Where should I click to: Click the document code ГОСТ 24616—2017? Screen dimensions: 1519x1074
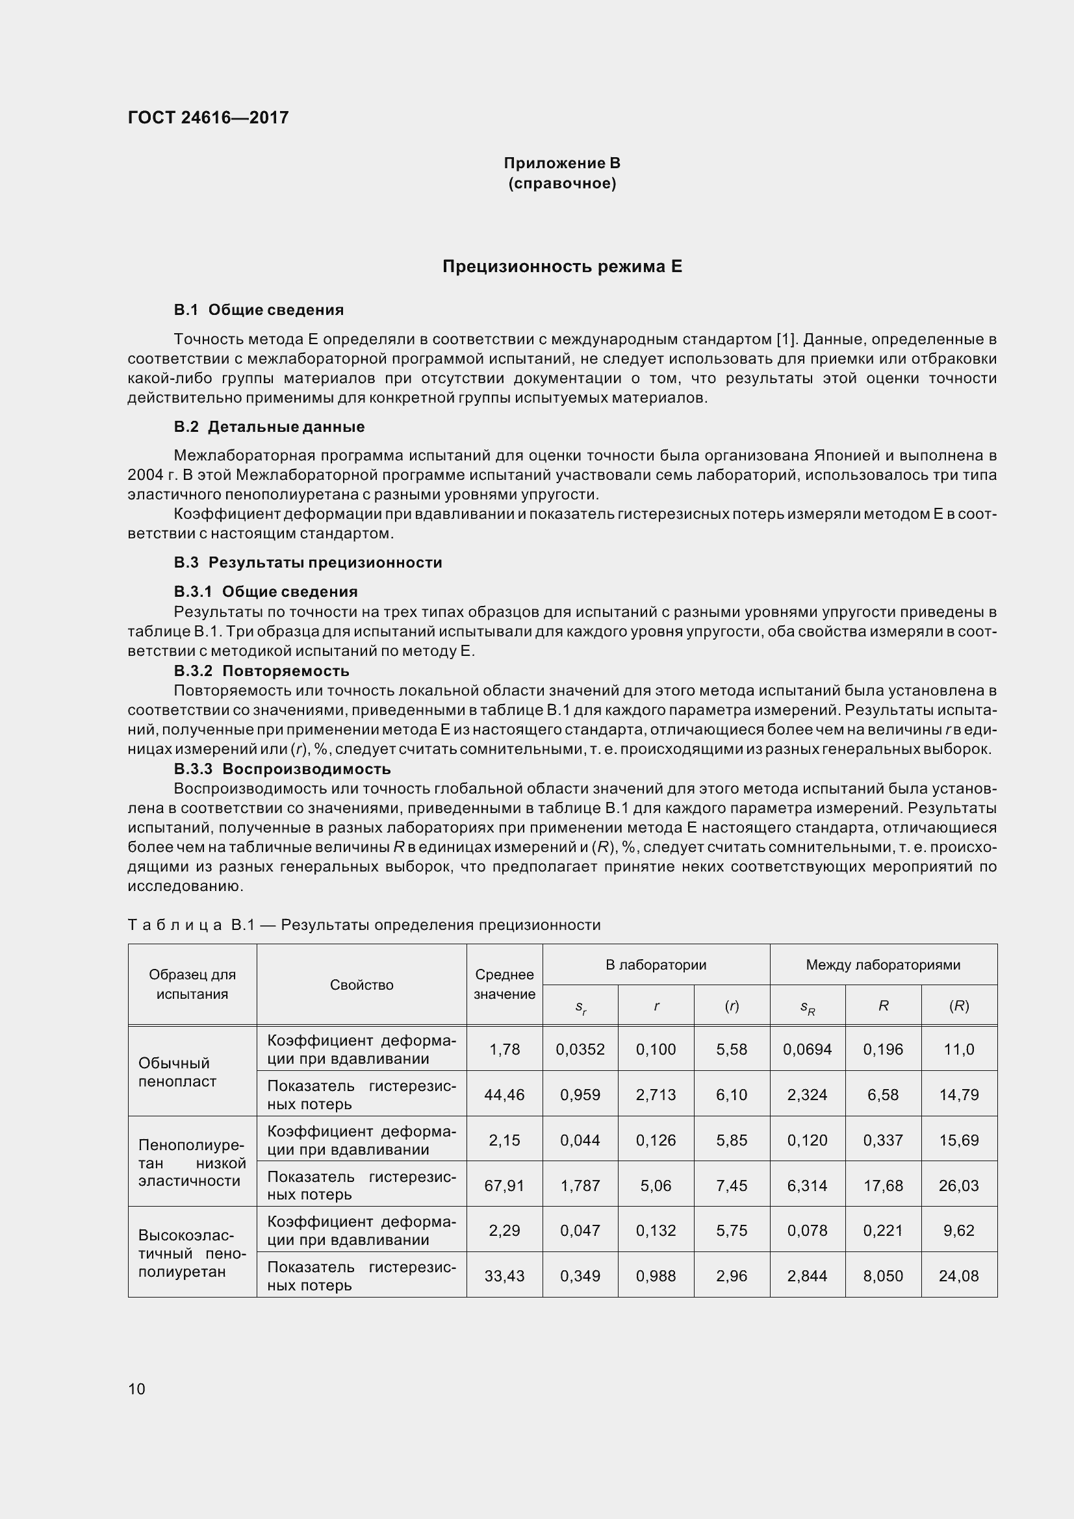pyautogui.click(x=209, y=118)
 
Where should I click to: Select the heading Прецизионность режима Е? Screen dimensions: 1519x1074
pyautogui.click(x=562, y=267)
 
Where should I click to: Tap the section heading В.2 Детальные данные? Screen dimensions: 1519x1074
pyautogui.click(x=270, y=427)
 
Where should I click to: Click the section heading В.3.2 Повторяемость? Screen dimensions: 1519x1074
pyautogui.click(x=261, y=671)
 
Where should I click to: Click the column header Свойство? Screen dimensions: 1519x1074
pyautogui.click(x=361, y=985)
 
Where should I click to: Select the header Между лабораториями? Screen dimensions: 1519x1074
pyautogui.click(x=883, y=964)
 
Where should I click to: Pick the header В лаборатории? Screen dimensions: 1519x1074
pyautogui.click(x=656, y=964)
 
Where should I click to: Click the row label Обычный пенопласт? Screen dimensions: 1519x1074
pyautogui.click(x=177, y=1072)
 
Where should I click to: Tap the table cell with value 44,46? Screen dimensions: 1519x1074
pyautogui.click(x=504, y=1095)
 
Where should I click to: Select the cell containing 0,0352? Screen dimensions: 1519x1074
pyautogui.click(x=580, y=1049)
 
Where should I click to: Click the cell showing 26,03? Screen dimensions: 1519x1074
pyautogui.click(x=958, y=1186)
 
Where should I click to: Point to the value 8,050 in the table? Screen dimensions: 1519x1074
pyautogui.click(x=883, y=1276)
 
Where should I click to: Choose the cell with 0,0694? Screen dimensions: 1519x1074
pyautogui.click(x=808, y=1049)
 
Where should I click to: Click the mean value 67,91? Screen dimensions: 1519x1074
pyautogui.click(x=504, y=1186)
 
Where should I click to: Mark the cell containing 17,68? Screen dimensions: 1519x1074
pyautogui.click(x=883, y=1186)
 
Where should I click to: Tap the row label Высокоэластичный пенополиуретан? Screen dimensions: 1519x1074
pyautogui.click(x=191, y=1253)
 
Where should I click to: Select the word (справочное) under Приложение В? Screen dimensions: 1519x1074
pyautogui.click(x=562, y=183)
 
